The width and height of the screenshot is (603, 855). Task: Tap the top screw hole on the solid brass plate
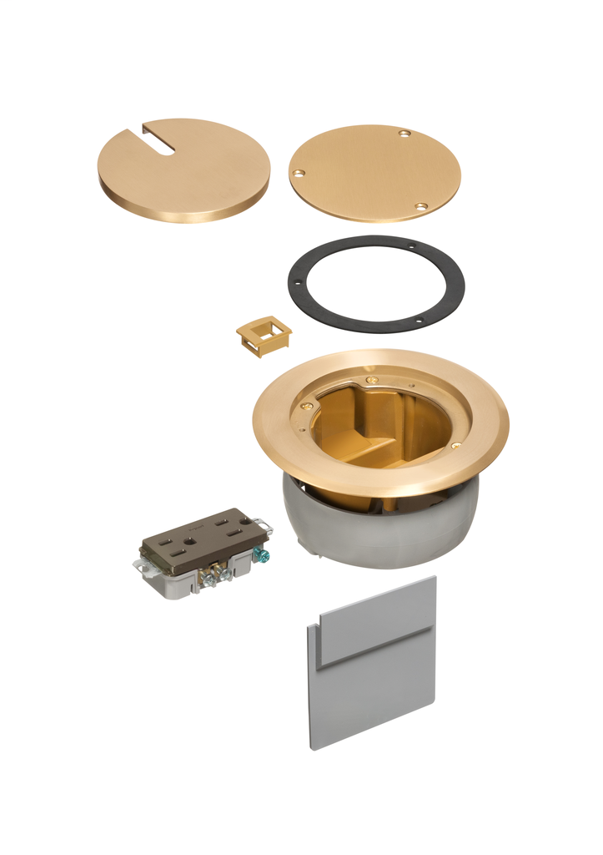point(405,134)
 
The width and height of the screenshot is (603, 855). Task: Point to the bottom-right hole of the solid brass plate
point(421,205)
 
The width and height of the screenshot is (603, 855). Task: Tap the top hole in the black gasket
point(412,246)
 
